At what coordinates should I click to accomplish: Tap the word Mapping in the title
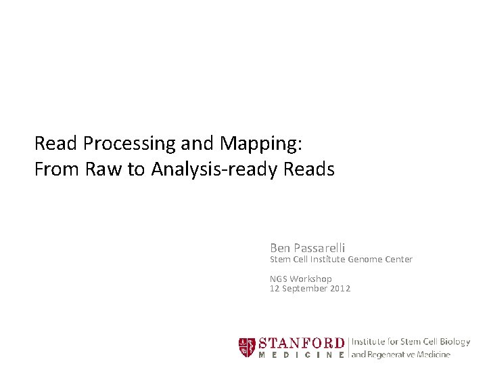pyautogui.click(x=260, y=144)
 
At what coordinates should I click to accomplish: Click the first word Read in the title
pyautogui.click(x=57, y=144)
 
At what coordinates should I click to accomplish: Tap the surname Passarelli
pyautogui.click(x=319, y=248)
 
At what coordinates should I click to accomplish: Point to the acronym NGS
pyautogui.click(x=279, y=279)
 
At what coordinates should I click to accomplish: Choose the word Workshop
pyautogui.click(x=311, y=279)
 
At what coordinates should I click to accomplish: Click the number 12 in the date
pyautogui.click(x=275, y=288)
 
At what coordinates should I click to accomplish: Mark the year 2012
pyautogui.click(x=340, y=288)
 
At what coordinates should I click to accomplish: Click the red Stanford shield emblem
pyautogui.click(x=247, y=347)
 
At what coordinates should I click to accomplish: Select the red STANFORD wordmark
pyautogui.click(x=301, y=342)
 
